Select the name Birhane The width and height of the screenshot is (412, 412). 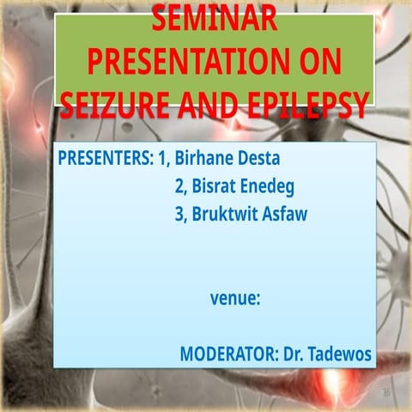coord(206,159)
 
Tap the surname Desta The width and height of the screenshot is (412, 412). coord(262,159)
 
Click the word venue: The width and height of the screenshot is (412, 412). coord(235,300)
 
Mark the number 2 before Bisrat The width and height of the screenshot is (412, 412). coord(179,186)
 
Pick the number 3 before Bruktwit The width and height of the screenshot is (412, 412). coord(179,214)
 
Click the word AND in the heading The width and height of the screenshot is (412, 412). coord(214,104)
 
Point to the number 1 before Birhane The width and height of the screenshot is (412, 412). coord(162,159)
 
